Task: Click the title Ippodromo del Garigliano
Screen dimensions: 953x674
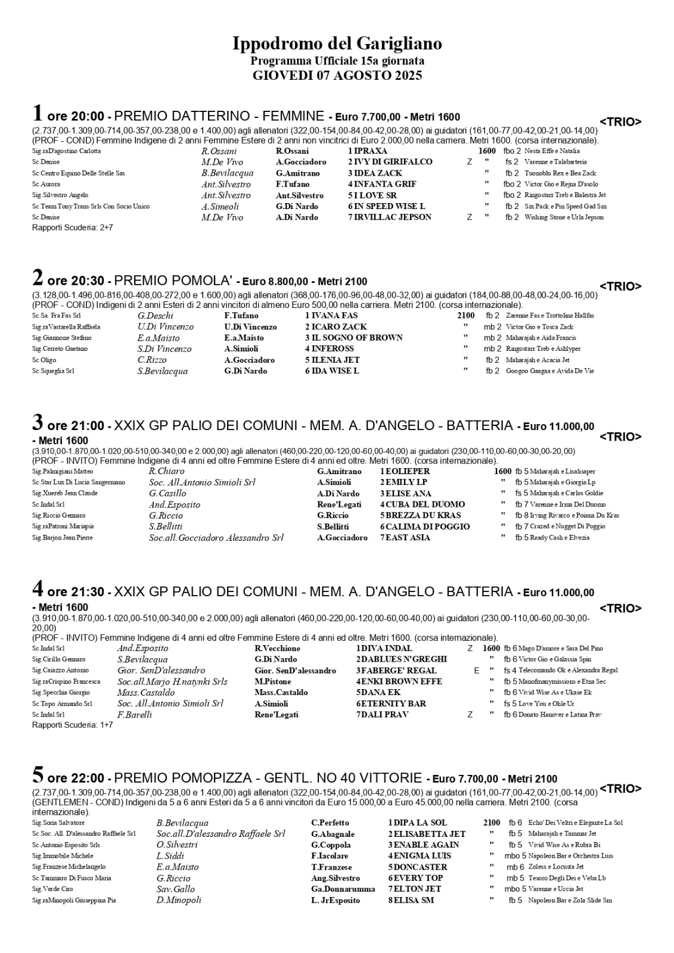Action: [x=337, y=44]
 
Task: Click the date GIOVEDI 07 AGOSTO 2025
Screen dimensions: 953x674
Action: [x=337, y=76]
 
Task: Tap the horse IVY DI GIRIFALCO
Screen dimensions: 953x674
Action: [x=393, y=162]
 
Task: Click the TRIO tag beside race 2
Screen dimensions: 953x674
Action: [x=620, y=286]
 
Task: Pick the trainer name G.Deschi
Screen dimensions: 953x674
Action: [x=156, y=316]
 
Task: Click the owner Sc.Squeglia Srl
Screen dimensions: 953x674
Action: [x=53, y=371]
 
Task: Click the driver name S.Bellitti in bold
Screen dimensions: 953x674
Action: [x=333, y=527]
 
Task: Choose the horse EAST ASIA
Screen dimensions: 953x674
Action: [x=408, y=538]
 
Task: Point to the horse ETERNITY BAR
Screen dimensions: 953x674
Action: [x=393, y=703]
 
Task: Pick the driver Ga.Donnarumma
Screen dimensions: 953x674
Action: [x=343, y=889]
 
